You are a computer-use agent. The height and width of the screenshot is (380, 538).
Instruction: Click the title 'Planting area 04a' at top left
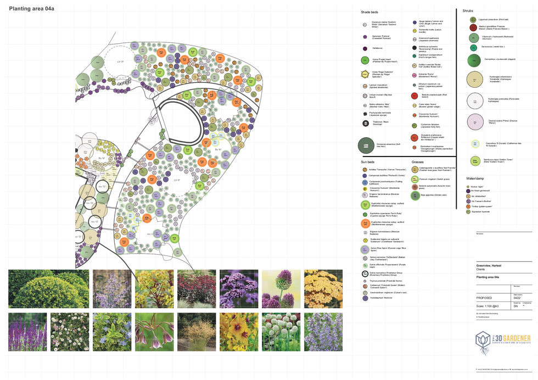click(x=31, y=9)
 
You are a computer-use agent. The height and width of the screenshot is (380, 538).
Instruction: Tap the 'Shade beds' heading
click(x=369, y=12)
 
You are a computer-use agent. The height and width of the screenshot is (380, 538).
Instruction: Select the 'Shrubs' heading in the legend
click(x=468, y=10)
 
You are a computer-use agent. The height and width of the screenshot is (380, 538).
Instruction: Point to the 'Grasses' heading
click(x=418, y=162)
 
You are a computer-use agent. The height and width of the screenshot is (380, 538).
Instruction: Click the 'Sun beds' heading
click(x=368, y=162)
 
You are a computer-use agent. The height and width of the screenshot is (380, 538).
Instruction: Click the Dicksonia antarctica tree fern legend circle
click(x=366, y=145)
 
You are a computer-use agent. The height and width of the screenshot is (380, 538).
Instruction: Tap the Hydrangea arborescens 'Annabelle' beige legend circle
click(x=475, y=80)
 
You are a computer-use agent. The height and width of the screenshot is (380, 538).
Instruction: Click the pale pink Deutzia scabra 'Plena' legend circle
click(x=475, y=121)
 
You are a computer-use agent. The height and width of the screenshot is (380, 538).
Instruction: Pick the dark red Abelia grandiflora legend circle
click(x=473, y=27)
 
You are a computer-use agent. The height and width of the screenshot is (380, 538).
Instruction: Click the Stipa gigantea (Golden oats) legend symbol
click(x=415, y=195)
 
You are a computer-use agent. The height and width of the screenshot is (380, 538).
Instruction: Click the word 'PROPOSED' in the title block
click(x=484, y=298)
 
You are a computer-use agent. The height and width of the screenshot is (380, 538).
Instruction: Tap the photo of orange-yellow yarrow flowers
click(x=324, y=288)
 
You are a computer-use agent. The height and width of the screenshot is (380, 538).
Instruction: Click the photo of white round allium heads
click(x=281, y=332)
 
